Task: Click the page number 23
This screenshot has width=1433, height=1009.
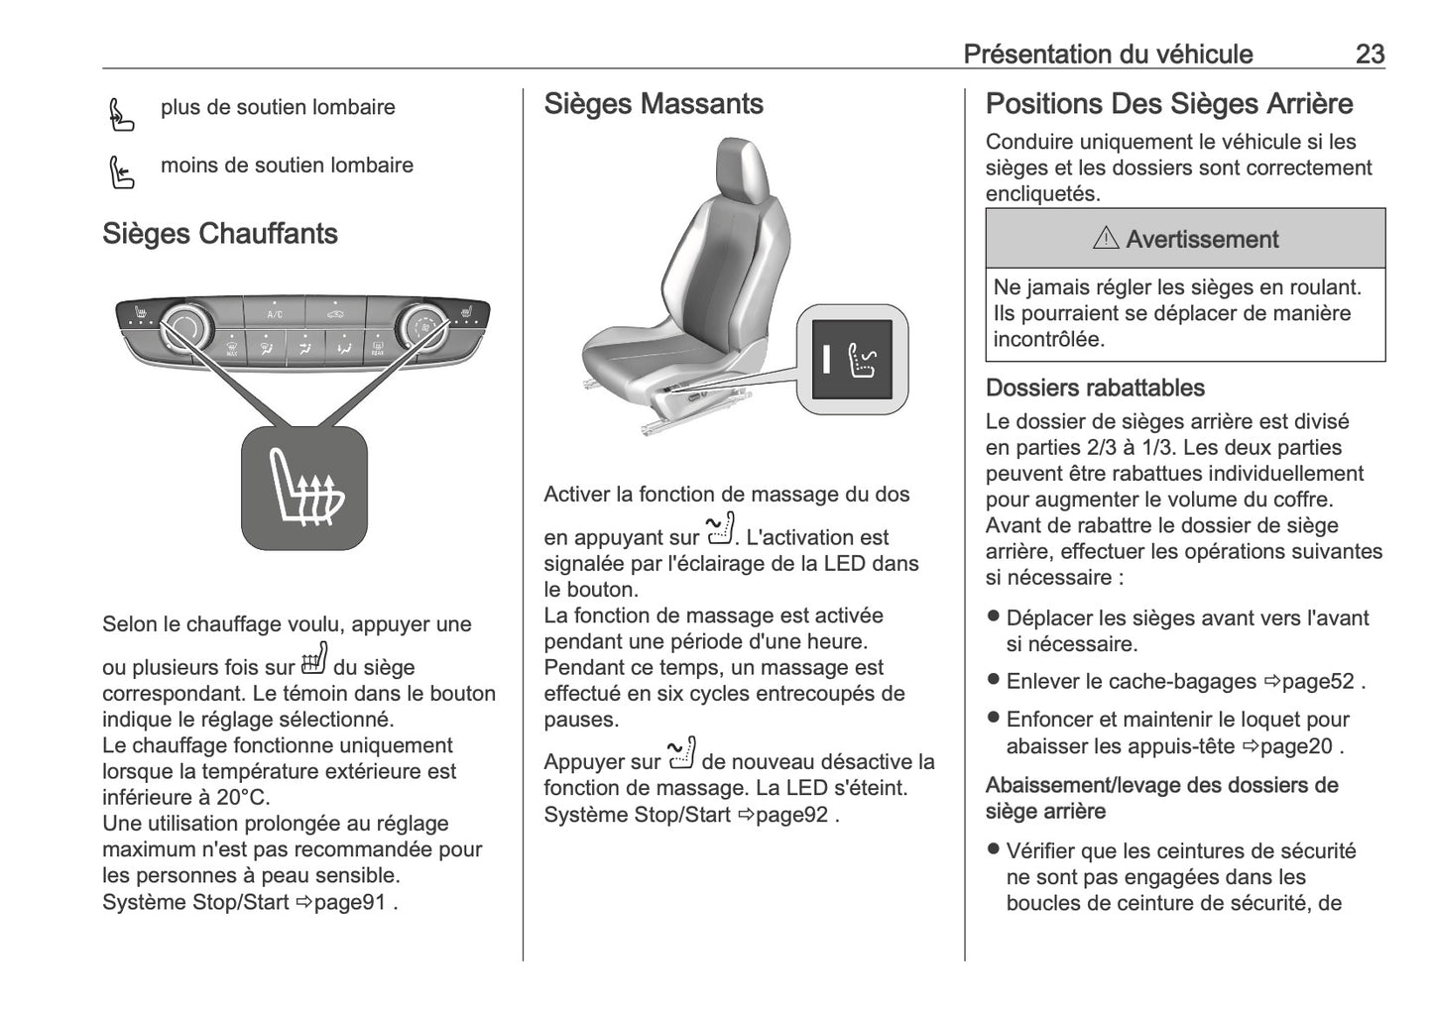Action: pos(1369,54)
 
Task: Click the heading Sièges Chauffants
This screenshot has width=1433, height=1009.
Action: pos(220,234)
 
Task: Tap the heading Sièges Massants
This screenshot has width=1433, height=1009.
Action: pos(654,104)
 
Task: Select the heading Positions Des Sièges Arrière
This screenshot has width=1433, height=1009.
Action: pos(1169,104)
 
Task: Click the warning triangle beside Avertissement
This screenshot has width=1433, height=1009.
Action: pos(1105,239)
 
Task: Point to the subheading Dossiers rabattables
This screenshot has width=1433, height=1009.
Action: pos(1095,388)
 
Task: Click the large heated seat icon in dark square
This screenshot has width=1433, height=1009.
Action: pos(304,489)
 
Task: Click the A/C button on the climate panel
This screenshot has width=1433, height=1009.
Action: pos(275,312)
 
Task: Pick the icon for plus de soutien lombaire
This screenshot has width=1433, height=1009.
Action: pos(121,115)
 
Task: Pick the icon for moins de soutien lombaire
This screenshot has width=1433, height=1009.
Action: pos(121,172)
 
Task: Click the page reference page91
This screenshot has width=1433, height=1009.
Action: pos(349,902)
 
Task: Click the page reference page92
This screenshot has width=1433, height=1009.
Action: pos(791,815)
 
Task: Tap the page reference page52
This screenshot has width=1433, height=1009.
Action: pos(1317,682)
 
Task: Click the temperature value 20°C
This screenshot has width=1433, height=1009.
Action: pos(242,798)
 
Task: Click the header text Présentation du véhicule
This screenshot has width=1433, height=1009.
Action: pos(1108,54)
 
